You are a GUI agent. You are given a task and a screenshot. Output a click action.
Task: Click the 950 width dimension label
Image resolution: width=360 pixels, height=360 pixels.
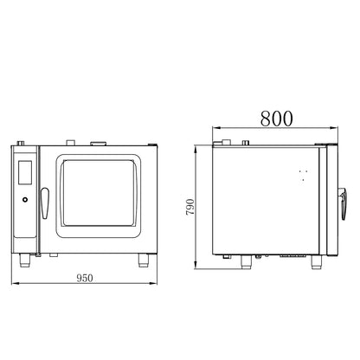[x=85, y=278]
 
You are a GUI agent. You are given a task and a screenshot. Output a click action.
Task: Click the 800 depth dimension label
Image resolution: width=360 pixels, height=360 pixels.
[x=276, y=119]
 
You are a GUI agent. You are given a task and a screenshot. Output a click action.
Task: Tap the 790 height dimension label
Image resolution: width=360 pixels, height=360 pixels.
[x=190, y=207]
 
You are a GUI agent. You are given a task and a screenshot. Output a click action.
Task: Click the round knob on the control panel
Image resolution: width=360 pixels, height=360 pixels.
[x=25, y=199]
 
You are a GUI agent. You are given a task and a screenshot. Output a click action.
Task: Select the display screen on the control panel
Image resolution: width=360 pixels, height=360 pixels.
[x=25, y=172]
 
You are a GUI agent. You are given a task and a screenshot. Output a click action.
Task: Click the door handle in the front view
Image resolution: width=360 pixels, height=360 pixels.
[x=44, y=203]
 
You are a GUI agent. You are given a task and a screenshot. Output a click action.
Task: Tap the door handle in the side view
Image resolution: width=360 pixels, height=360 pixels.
[x=344, y=203]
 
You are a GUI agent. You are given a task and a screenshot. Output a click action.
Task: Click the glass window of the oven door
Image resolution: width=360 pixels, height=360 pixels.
[x=99, y=193]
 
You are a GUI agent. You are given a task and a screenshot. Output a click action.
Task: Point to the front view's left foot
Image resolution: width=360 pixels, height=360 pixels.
[x=24, y=260]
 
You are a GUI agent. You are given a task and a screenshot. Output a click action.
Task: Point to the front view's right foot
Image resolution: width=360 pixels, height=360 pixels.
[x=144, y=260]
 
